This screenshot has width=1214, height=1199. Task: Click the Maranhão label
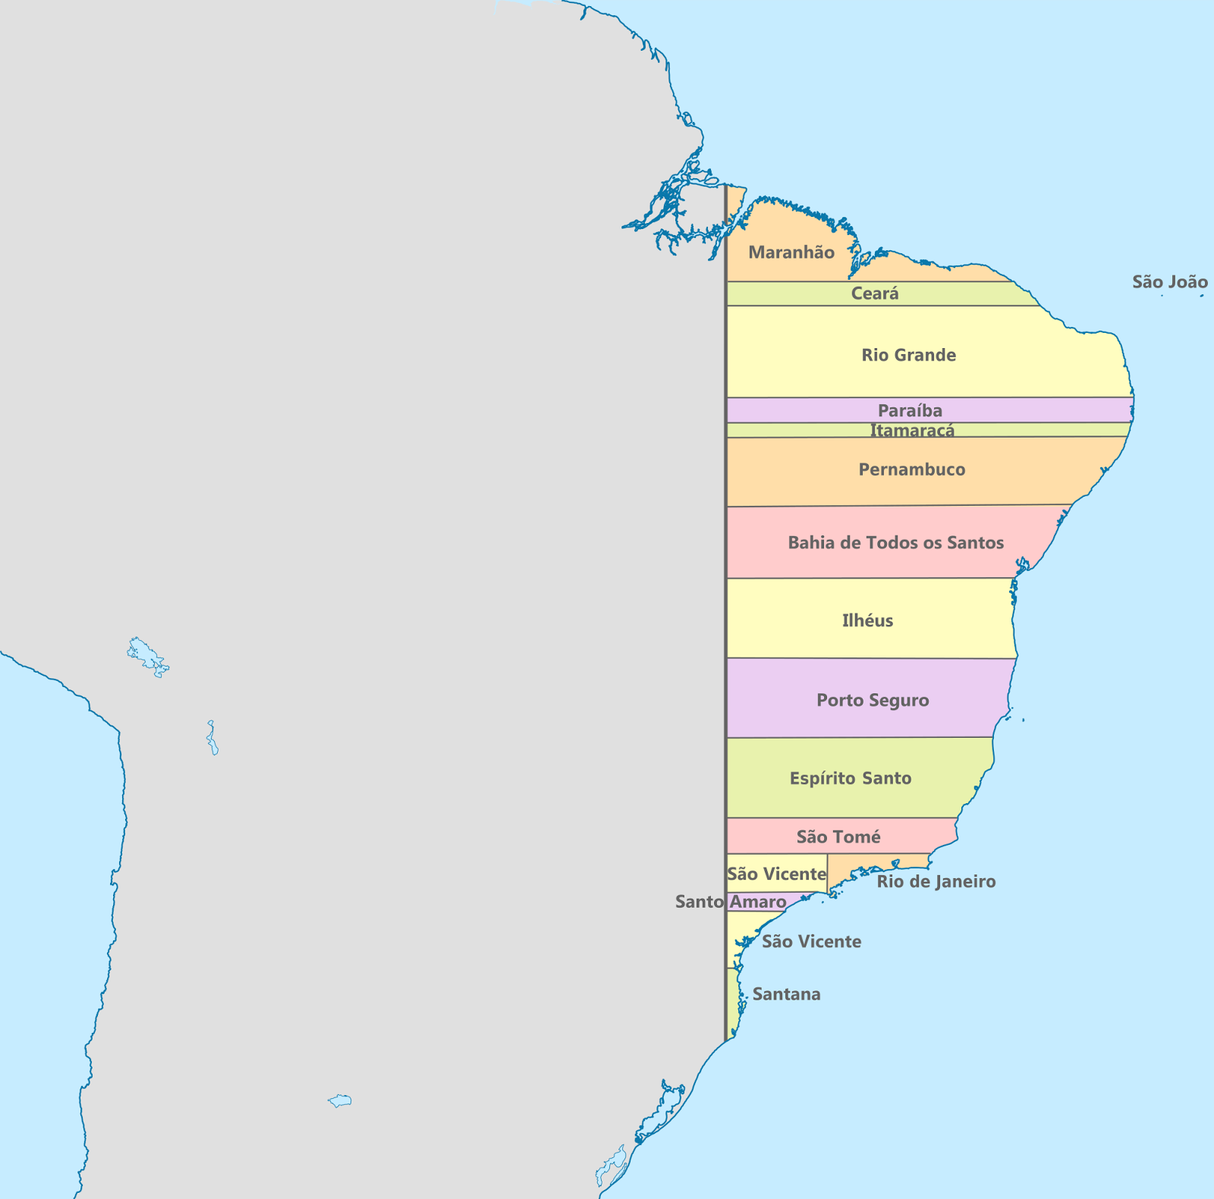[791, 253]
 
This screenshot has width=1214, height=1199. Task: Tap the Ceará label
[874, 293]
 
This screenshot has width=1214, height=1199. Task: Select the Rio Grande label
[908, 355]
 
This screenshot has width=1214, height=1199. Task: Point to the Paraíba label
[910, 410]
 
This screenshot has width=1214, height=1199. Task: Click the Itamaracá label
[911, 430]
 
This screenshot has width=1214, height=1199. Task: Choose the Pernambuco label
[911, 469]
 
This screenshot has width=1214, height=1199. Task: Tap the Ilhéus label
[867, 620]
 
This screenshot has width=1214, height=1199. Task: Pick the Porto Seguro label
[873, 700]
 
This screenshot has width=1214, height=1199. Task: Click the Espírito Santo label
[850, 778]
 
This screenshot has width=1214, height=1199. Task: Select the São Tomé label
[838, 836]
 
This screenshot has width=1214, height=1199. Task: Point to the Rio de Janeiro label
[936, 881]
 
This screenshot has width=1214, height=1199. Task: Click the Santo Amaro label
[730, 902]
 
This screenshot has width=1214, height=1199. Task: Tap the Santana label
[786, 994]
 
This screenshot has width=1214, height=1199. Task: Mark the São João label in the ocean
[1169, 282]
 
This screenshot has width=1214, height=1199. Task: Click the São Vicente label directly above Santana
[811, 942]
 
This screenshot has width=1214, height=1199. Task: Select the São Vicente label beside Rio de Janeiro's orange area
[776, 874]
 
